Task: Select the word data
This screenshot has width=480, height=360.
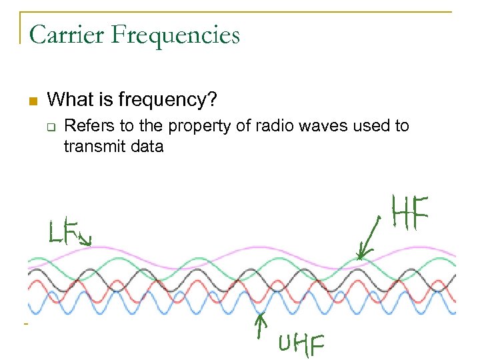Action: [x=146, y=146]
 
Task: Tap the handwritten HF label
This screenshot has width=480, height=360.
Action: [x=411, y=212]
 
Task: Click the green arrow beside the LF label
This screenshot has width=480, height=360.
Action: [x=84, y=237]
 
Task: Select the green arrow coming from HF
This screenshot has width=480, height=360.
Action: [x=369, y=239]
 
